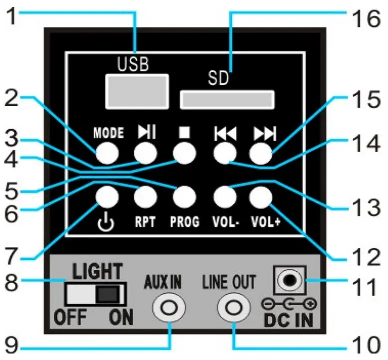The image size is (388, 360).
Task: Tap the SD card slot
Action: pyautogui.click(x=227, y=99)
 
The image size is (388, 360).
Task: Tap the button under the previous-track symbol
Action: pyautogui.click(x=224, y=153)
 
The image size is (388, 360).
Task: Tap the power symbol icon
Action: pyautogui.click(x=107, y=222)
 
